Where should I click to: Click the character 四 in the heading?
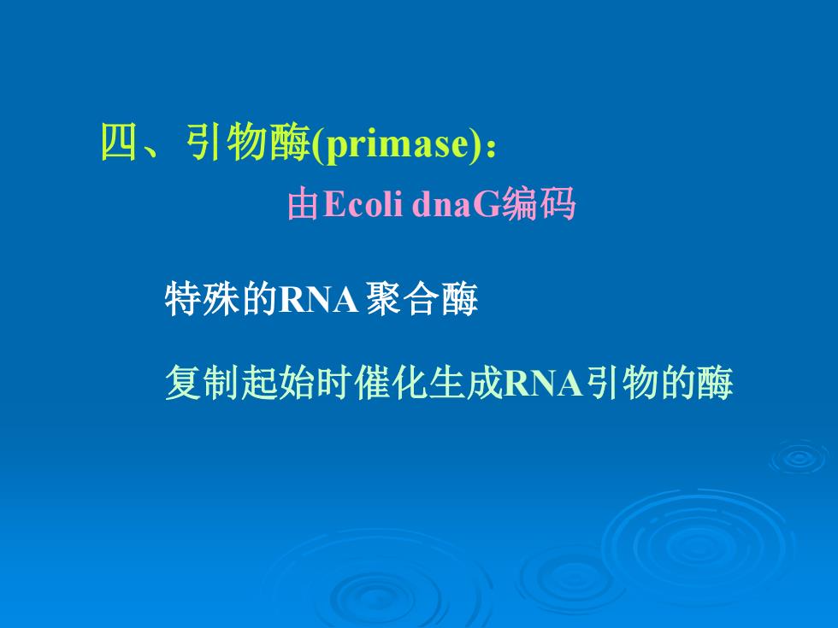tap(119, 143)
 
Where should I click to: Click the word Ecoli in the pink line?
tap(363, 203)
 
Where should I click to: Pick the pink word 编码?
tap(538, 203)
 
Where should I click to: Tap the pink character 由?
tap(304, 204)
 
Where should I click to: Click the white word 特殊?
tap(202, 298)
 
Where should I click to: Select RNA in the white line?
tap(318, 299)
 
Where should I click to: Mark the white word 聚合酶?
tap(422, 298)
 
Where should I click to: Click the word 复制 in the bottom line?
tap(202, 383)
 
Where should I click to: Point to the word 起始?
tap(277, 383)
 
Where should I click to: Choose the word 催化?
tap(392, 383)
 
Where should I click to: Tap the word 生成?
tap(466, 383)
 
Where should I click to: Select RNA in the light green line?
tap(542, 383)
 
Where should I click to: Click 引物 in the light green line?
tap(621, 383)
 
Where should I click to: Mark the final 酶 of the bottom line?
tap(715, 383)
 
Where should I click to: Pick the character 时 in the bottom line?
tap(334, 383)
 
